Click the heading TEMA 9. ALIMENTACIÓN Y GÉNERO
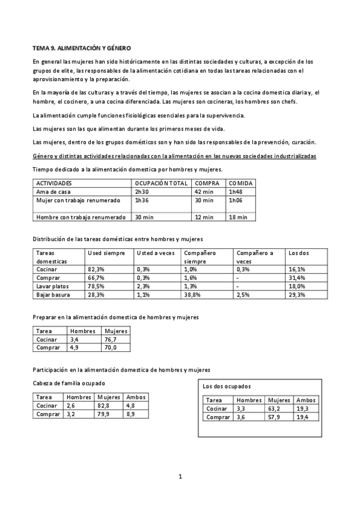click(x=81, y=47)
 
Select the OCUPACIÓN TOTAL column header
click(x=161, y=183)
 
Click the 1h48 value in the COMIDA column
click(x=236, y=191)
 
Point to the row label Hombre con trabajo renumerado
click(x=81, y=217)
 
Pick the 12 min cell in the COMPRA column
click(x=204, y=217)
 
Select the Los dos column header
click(x=299, y=253)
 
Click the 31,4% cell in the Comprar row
click(x=297, y=278)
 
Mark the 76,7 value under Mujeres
click(x=111, y=339)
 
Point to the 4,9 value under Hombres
click(x=75, y=348)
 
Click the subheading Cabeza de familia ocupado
click(x=69, y=382)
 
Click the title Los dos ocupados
click(x=227, y=386)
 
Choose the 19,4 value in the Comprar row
click(x=303, y=417)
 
